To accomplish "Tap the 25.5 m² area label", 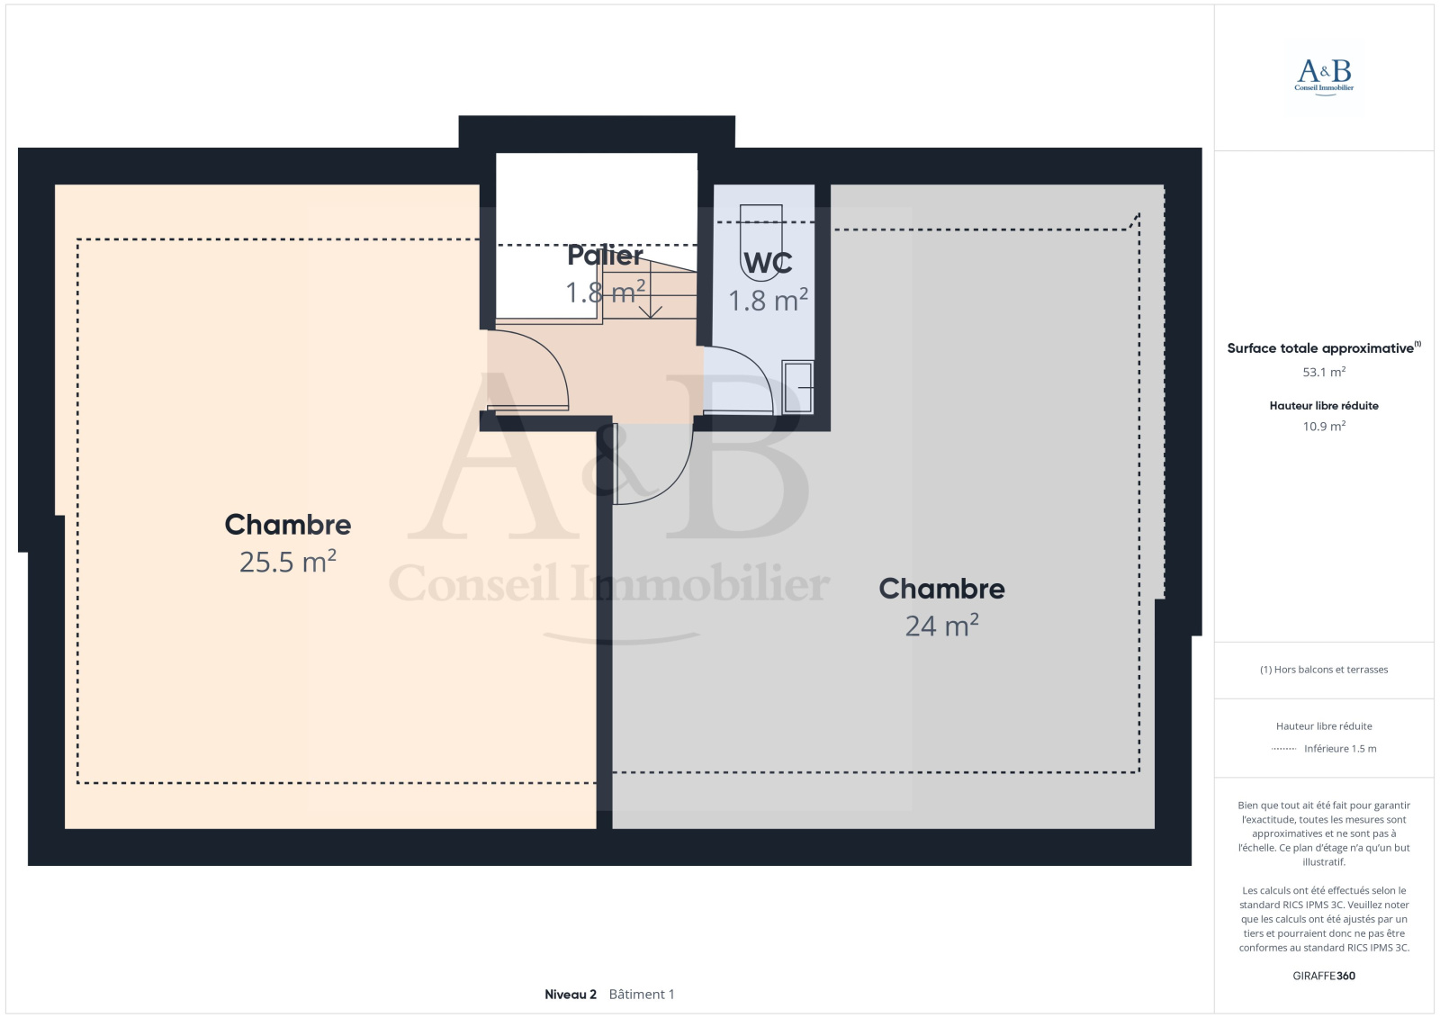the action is click(288, 562).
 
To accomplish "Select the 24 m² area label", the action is click(941, 625).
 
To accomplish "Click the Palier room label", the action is click(605, 256).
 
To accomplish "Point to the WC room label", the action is click(768, 263).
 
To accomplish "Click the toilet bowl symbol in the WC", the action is click(761, 242).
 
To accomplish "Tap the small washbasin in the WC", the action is click(797, 387).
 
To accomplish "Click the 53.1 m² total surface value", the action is click(1324, 372).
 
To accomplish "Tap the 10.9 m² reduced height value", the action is click(1324, 426).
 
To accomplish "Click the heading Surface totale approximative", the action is click(1320, 348).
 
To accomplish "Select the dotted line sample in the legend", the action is click(1283, 749).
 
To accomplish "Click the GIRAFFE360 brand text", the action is click(1324, 976).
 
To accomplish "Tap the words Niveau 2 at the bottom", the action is click(571, 995).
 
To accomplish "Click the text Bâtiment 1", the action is click(642, 995).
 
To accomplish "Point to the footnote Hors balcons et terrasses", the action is click(1324, 670).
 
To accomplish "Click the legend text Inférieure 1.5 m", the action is click(1340, 749).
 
